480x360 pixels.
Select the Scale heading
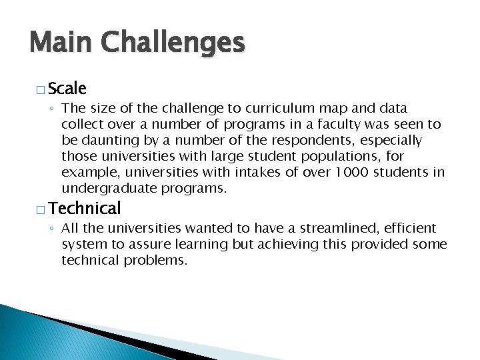click(67, 88)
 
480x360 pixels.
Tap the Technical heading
click(85, 208)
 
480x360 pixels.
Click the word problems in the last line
click(156, 260)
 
